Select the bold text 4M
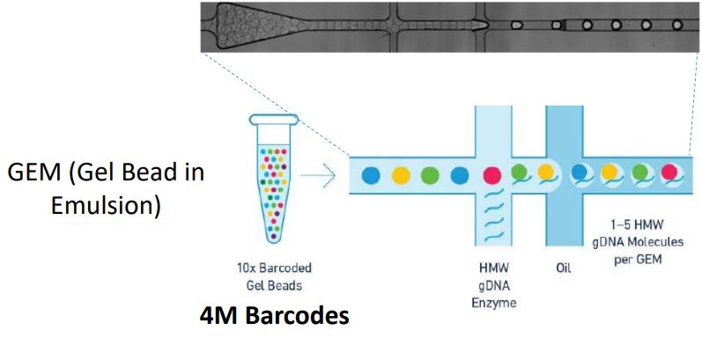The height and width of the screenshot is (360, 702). click(215, 314)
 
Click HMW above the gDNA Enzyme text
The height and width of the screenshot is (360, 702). click(494, 268)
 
